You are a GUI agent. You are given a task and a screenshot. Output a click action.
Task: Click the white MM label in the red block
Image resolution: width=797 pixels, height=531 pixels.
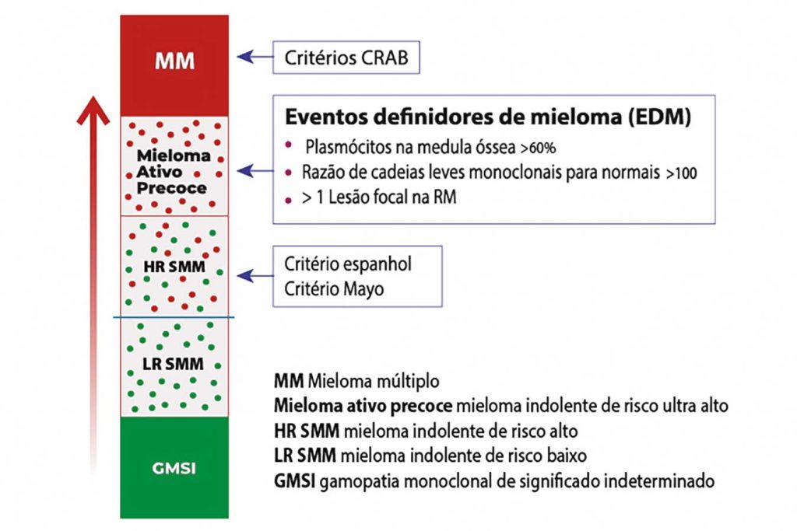(x=174, y=61)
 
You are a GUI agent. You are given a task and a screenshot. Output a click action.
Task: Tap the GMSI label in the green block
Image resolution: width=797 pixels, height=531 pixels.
(x=174, y=470)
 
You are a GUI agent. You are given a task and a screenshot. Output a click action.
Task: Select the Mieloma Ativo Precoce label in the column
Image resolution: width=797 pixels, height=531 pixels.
(x=174, y=172)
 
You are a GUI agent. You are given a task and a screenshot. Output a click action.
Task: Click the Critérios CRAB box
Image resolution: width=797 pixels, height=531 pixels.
(x=346, y=58)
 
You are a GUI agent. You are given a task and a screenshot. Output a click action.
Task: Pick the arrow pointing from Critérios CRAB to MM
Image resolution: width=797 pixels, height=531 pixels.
(x=252, y=57)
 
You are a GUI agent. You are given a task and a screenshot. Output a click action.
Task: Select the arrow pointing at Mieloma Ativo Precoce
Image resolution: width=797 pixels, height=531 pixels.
(x=252, y=169)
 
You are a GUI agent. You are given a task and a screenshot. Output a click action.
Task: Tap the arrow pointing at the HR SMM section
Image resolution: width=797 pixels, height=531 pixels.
(x=252, y=275)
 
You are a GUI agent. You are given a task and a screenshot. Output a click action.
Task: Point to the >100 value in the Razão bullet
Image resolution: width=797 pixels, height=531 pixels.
(x=682, y=173)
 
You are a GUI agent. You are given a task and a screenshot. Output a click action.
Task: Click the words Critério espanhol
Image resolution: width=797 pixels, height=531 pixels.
(x=347, y=264)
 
